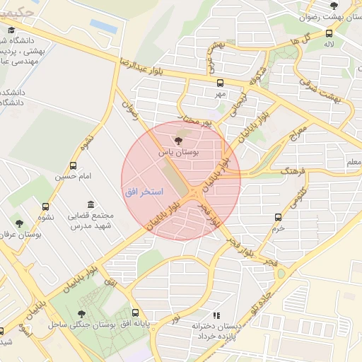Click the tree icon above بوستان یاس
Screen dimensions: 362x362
coord(177,141)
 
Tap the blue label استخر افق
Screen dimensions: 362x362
coord(144,192)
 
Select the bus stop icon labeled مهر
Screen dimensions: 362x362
coord(221,81)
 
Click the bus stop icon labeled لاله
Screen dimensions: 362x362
coord(329,33)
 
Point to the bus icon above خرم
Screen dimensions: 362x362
coord(278,217)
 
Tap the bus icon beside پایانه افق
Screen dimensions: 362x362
coord(136,313)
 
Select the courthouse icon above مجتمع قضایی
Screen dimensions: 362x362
coord(90,204)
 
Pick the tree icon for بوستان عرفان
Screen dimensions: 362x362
coord(19,222)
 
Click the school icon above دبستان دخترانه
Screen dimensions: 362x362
coord(216,315)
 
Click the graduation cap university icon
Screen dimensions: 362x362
coord(11,30)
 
